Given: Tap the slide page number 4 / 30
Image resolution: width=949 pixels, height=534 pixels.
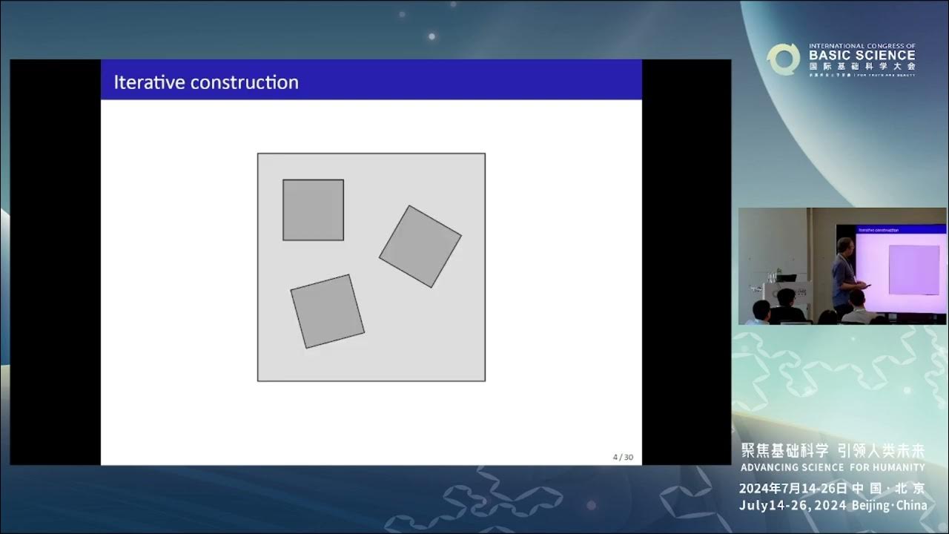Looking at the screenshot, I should tap(623, 457).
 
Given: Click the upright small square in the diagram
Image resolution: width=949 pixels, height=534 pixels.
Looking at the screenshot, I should tap(313, 210).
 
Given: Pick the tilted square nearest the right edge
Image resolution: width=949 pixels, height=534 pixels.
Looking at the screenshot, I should tap(420, 246).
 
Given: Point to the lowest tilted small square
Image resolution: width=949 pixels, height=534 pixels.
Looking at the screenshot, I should tap(327, 311).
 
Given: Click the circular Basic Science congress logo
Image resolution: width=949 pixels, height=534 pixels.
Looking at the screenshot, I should tap(783, 59).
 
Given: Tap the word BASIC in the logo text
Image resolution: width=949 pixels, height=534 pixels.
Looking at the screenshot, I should tap(829, 56).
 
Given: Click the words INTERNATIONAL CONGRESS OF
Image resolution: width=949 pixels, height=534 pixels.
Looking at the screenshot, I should tap(862, 46).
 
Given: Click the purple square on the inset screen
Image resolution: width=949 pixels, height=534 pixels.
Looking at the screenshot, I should tap(913, 269).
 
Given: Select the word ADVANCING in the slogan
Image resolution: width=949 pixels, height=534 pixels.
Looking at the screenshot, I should tap(770, 467).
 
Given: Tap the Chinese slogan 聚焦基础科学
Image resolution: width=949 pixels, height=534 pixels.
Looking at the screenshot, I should tap(784, 450).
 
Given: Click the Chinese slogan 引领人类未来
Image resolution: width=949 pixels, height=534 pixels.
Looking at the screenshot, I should tap(881, 450).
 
